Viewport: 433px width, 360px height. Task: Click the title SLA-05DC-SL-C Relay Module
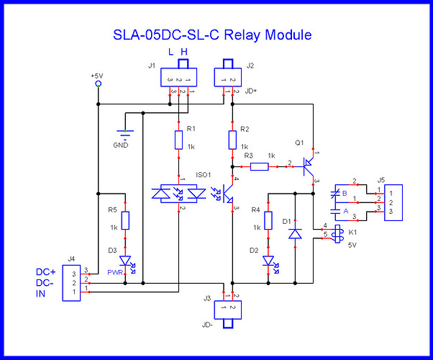point(216,35)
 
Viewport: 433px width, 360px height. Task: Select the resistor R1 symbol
point(177,139)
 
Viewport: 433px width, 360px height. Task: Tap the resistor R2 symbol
point(232,140)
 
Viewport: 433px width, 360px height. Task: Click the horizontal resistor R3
point(260,167)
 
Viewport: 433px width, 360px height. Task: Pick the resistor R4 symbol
point(269,220)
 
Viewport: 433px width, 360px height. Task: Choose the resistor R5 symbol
point(126,220)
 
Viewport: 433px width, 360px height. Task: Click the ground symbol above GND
point(126,130)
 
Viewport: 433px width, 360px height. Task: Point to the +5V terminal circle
point(98,84)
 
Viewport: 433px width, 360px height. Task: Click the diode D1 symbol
point(295,235)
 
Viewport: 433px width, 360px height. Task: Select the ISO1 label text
point(204,175)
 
